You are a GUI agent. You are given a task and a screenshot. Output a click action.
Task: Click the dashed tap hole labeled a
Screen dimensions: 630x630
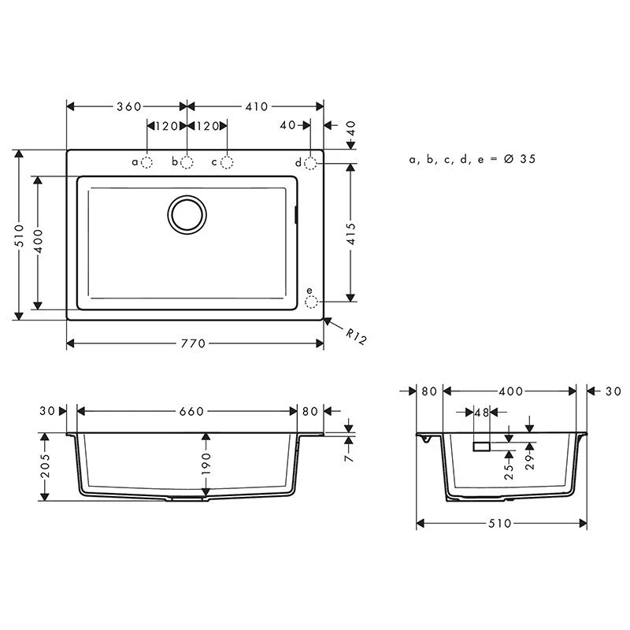pos(147,162)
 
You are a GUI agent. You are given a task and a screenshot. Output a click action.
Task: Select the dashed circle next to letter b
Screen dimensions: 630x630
pos(187,162)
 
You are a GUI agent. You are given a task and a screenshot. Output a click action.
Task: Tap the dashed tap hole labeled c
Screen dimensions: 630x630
pos(228,162)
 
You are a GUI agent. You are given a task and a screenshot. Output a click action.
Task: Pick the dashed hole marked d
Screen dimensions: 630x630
pos(311,163)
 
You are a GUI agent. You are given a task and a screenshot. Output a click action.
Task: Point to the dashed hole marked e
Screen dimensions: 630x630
pos(311,302)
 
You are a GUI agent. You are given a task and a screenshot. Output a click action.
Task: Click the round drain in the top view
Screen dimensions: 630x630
pos(187,213)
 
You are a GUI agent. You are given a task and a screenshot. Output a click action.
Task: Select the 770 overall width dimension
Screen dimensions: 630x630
pos(194,343)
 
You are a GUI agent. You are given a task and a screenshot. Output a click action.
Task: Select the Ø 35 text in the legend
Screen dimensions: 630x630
pos(519,159)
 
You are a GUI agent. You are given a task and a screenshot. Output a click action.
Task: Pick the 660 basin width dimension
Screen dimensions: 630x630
pos(191,411)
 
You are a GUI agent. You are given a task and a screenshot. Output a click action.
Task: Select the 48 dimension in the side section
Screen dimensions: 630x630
pos(480,412)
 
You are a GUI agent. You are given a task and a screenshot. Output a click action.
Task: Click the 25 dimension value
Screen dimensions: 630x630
pos(509,471)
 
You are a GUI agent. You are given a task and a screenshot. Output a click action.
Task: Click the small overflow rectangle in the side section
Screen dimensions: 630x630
pos(481,446)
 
